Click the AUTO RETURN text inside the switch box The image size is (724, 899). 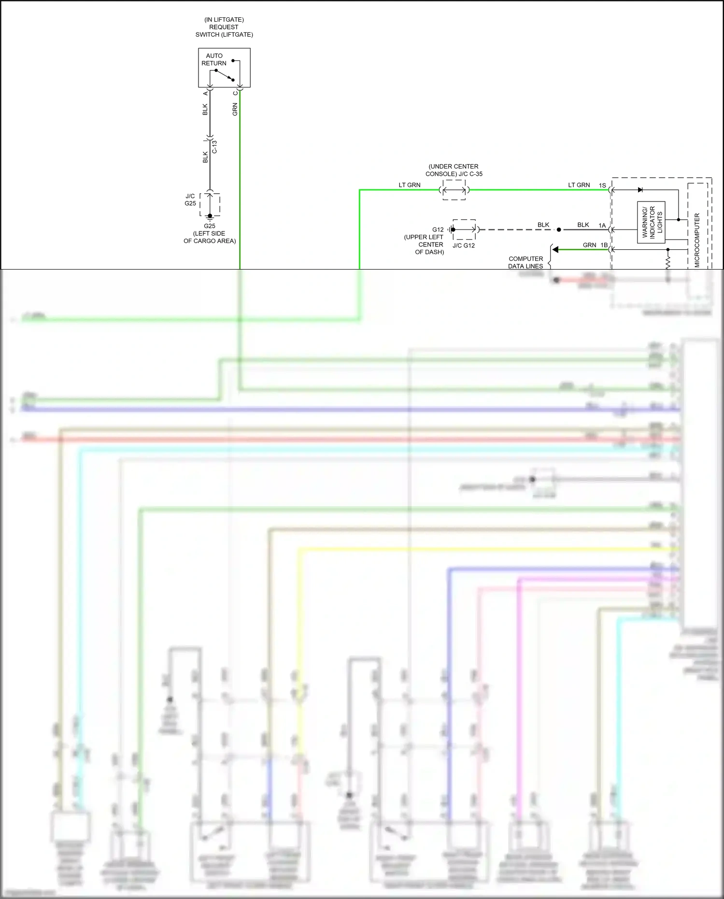(214, 59)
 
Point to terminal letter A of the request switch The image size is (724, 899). (205, 93)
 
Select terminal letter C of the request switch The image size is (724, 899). (235, 93)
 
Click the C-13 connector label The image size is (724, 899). (215, 147)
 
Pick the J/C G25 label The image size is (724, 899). (190, 200)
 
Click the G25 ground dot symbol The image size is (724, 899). (210, 216)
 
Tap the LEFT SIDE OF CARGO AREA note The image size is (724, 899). (210, 237)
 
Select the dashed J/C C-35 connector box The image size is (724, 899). (454, 190)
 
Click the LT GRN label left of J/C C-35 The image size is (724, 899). (409, 185)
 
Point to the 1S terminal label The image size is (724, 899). (602, 186)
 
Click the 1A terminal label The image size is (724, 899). (602, 226)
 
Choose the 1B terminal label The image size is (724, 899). (604, 245)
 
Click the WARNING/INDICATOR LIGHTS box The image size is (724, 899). (651, 222)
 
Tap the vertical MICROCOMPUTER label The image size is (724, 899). (697, 240)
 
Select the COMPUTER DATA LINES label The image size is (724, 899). (525, 262)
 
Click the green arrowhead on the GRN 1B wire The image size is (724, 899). (555, 250)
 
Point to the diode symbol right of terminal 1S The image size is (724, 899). (640, 190)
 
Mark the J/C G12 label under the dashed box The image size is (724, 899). (464, 245)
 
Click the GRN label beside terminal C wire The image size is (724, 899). (235, 109)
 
